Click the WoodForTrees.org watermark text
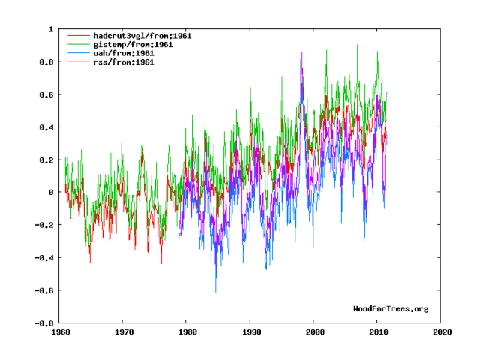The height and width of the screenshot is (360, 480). tap(391, 308)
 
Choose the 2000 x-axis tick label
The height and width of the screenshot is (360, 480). tap(315, 330)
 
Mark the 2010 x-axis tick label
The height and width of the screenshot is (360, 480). tap(379, 330)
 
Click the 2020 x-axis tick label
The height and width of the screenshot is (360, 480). tap(442, 330)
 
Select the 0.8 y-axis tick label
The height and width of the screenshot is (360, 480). tap(46, 62)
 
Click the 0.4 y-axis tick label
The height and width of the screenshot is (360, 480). tap(46, 127)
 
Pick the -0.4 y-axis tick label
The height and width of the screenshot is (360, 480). tap(43, 258)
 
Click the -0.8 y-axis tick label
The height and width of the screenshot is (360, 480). tap(43, 323)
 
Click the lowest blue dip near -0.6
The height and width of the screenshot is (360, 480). tap(216, 291)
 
